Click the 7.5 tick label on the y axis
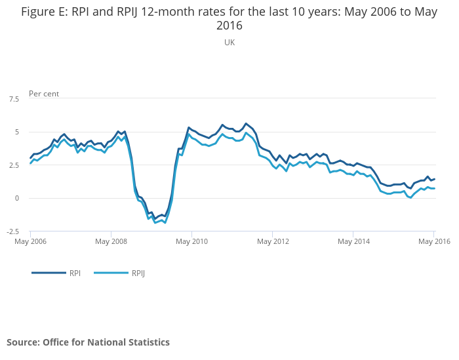[14, 99]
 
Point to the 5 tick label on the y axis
[17, 132]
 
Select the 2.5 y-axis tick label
[14, 165]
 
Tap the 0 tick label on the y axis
[17, 198]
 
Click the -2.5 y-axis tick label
[13, 231]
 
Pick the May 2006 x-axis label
[30, 241]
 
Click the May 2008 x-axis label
[111, 241]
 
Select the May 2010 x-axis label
[191, 241]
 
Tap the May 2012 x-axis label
[273, 241]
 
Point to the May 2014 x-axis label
[353, 241]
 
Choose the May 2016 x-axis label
[434, 241]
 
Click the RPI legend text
[75, 273]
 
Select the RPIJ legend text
[138, 273]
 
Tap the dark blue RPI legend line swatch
[49, 273]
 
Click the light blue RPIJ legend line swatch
[111, 273]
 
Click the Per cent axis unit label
[44, 94]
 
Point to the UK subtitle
[229, 43]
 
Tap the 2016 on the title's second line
[229, 26]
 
